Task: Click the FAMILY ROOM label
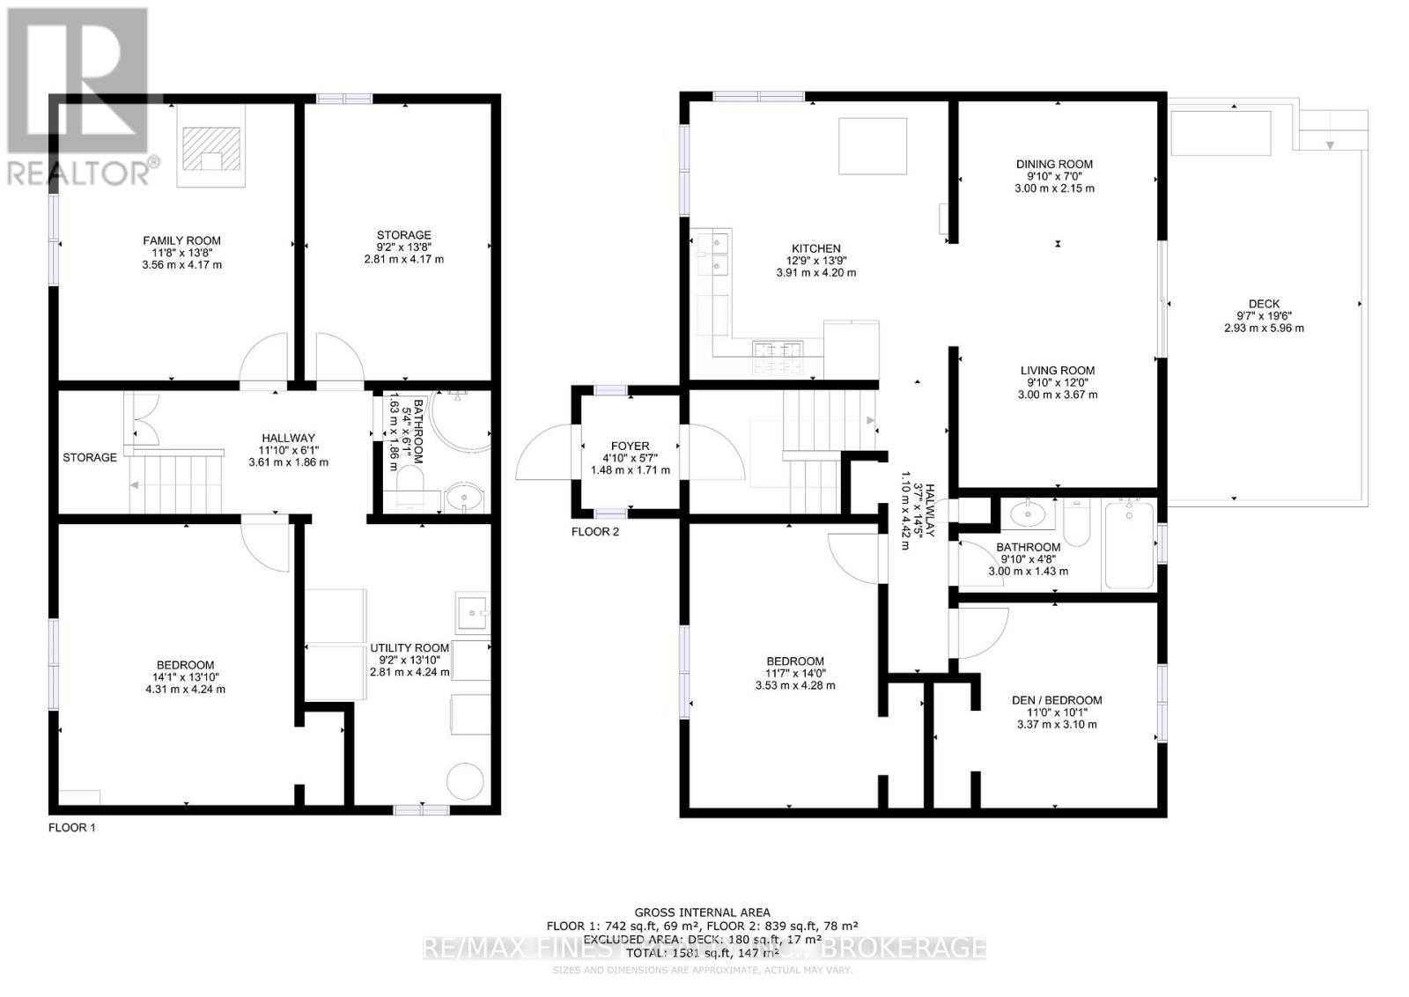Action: pos(181,240)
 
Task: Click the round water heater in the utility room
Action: pos(465,781)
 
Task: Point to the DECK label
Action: pos(1264,304)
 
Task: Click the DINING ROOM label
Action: pos(1054,164)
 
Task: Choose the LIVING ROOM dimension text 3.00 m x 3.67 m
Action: pos(1056,395)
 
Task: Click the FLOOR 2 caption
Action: pos(595,532)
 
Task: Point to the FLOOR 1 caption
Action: pos(72,828)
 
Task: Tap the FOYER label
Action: pos(630,447)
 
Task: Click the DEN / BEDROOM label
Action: pos(1057,700)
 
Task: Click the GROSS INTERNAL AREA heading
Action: pos(702,912)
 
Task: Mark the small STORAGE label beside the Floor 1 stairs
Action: pos(90,457)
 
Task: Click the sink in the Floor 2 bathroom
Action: pos(1027,513)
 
